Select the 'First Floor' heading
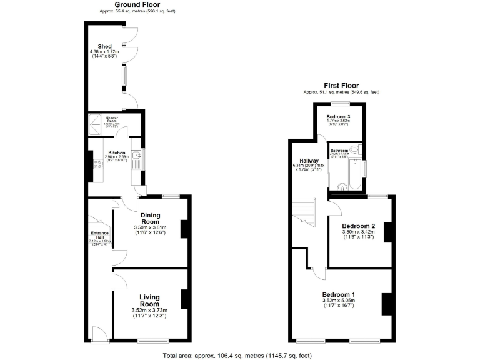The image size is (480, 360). click(x=341, y=85)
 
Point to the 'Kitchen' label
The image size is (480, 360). click(x=117, y=152)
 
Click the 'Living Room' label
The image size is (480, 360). click(x=150, y=301)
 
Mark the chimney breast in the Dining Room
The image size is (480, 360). click(x=184, y=229)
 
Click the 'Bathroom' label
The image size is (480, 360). click(x=339, y=151)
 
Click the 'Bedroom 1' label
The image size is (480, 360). click(x=338, y=295)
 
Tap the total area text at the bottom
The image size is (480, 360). click(x=237, y=355)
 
